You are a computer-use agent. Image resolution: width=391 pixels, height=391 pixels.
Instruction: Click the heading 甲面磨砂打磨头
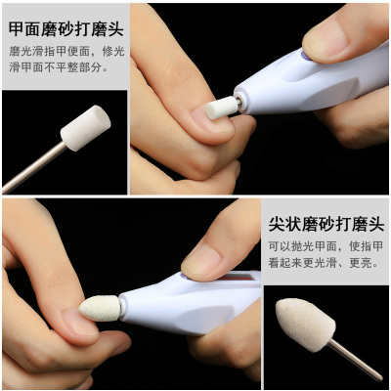[66, 29]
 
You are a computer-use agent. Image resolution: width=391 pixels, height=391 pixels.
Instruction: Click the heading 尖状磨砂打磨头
[326, 225]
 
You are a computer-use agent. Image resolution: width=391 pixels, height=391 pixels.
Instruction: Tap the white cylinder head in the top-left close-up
[86, 128]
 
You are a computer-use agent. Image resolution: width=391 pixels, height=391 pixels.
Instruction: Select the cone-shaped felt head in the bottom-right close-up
[305, 325]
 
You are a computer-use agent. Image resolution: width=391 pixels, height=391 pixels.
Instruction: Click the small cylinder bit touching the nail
[222, 108]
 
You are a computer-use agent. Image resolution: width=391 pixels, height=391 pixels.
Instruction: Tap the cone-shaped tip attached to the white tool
[100, 308]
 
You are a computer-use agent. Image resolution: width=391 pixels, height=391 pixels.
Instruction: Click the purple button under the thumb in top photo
[305, 56]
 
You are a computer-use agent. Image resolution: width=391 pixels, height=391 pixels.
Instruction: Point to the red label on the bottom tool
[239, 277]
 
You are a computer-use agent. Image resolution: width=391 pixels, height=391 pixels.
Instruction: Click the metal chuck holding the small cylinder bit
[239, 102]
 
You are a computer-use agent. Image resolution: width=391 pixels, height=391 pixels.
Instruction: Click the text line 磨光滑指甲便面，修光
[66, 52]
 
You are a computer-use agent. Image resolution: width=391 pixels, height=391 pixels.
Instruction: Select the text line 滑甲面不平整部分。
[59, 67]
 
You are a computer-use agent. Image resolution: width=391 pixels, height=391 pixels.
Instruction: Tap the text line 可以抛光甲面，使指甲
[326, 246]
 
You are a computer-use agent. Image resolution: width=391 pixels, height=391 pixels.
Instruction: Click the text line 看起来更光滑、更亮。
[324, 263]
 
